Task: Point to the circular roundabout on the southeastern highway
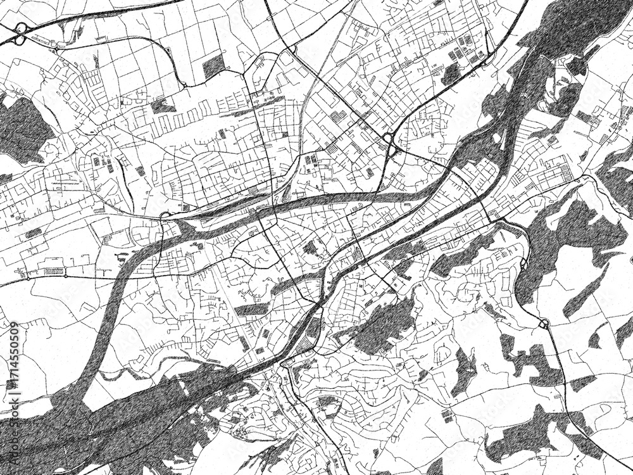544,325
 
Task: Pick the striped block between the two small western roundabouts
56,272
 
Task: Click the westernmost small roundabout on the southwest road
28,278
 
